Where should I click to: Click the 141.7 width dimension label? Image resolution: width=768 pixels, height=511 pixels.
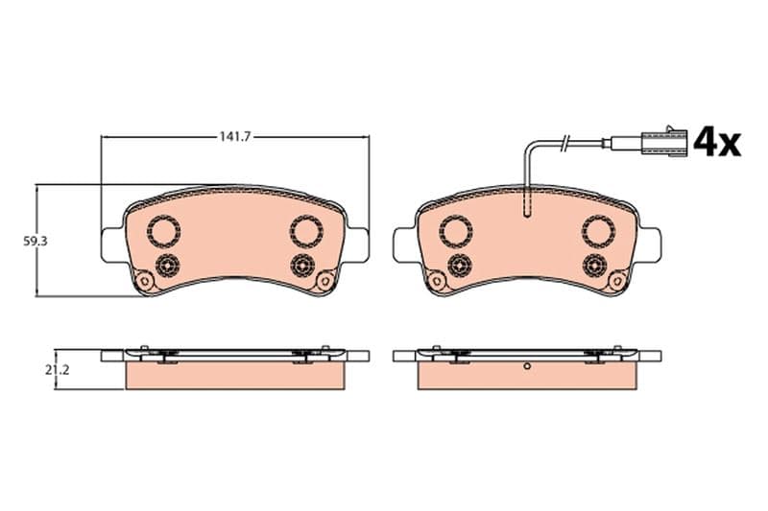234,137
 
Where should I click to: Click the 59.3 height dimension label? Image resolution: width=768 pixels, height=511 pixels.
36,241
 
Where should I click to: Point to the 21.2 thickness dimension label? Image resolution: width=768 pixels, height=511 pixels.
58,370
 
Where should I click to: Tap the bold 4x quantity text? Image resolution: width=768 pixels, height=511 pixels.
716,141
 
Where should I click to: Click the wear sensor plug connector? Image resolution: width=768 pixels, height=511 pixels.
668,142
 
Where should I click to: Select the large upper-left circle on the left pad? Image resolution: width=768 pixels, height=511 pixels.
164,231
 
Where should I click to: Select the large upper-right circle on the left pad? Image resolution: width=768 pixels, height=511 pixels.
306,231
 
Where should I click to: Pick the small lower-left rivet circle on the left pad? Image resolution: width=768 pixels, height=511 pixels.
167,266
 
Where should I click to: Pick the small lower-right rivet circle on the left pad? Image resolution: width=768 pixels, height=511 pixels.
302,266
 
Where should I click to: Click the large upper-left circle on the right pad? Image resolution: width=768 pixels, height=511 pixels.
456,231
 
